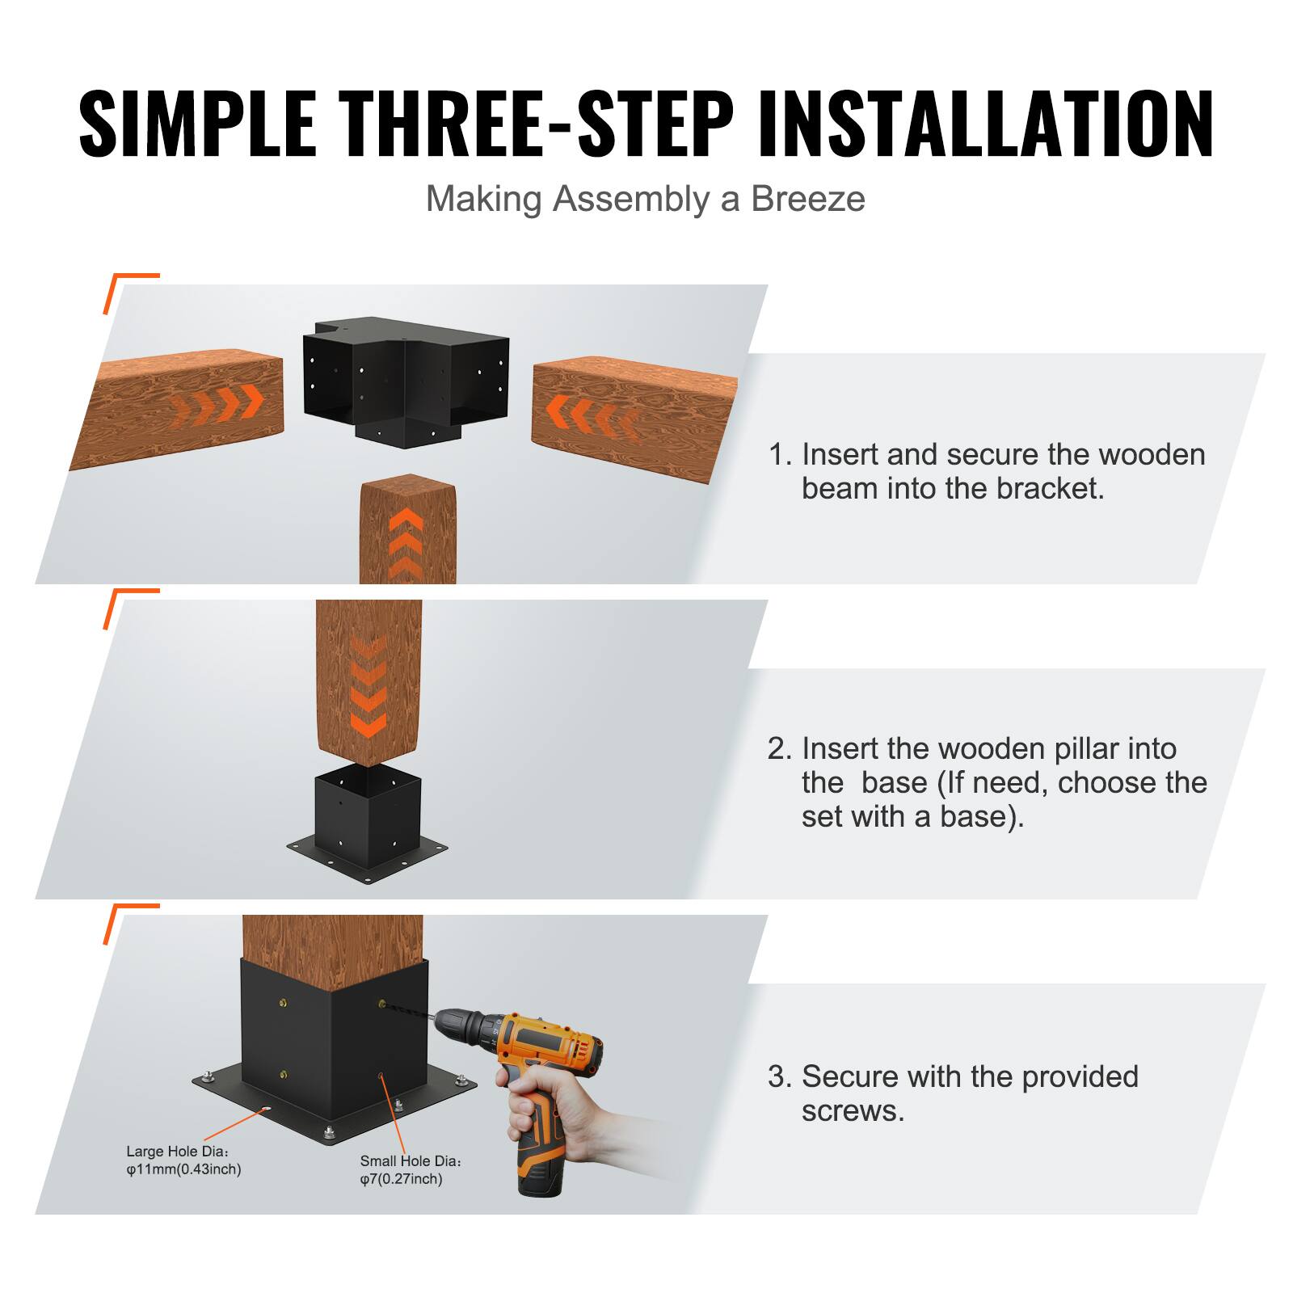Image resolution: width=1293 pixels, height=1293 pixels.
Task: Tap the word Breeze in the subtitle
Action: pyautogui.click(x=807, y=199)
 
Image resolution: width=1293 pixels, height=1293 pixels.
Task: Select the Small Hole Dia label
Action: pyautogui.click(x=411, y=1160)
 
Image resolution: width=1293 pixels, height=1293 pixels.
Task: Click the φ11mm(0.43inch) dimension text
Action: pyautogui.click(x=183, y=1169)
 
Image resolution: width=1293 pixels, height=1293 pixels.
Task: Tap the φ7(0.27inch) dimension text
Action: pyautogui.click(x=401, y=1179)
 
